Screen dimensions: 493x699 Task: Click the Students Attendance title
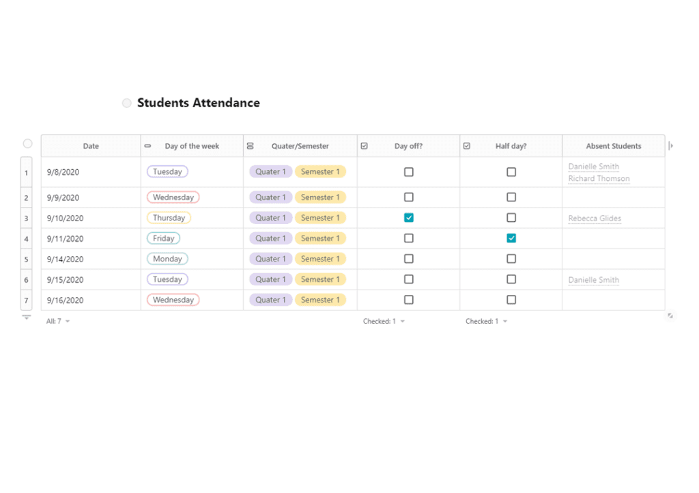pyautogui.click(x=198, y=103)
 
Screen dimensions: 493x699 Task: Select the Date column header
pyautogui.click(x=91, y=146)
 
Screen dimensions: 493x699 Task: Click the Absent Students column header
pyautogui.click(x=613, y=146)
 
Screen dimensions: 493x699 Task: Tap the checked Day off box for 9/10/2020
pyautogui.click(x=409, y=218)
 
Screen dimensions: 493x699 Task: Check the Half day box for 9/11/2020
pyautogui.click(x=511, y=238)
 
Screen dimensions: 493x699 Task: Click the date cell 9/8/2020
pyautogui.click(x=63, y=172)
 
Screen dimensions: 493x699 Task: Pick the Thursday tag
pyautogui.click(x=169, y=218)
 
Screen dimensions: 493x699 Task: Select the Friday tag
pyautogui.click(x=163, y=238)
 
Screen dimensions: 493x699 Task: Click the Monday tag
pyautogui.click(x=167, y=259)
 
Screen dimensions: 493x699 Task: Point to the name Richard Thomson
pyautogui.click(x=599, y=179)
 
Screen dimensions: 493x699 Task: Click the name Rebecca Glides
pyautogui.click(x=595, y=219)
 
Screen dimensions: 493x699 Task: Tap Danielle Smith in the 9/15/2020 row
pyautogui.click(x=593, y=280)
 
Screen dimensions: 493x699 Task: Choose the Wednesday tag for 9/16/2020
pyautogui.click(x=173, y=300)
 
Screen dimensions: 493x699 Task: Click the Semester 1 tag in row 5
pyautogui.click(x=320, y=259)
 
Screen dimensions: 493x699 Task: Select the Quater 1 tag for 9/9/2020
pyautogui.click(x=270, y=197)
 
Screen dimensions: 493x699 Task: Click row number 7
pyautogui.click(x=27, y=300)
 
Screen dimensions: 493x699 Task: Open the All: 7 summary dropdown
pyautogui.click(x=58, y=321)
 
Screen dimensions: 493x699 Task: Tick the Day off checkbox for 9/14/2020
pyautogui.click(x=409, y=259)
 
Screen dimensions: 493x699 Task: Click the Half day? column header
pyautogui.click(x=511, y=146)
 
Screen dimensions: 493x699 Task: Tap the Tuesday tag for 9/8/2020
pyautogui.click(x=167, y=172)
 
